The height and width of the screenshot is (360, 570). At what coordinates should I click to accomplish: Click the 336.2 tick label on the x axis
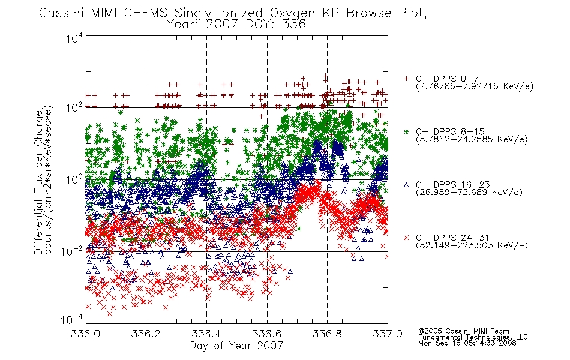tap(146, 334)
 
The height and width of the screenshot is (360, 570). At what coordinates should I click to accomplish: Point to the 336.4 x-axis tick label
tap(206, 334)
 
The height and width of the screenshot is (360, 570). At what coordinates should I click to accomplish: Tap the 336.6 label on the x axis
tap(267, 334)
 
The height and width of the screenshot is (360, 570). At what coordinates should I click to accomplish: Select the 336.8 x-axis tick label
tap(327, 334)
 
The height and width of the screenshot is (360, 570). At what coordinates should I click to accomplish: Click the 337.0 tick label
tap(388, 334)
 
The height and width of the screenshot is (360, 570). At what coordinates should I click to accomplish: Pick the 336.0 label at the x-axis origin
tap(85, 334)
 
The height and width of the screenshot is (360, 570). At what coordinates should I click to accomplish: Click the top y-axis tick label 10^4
tap(74, 38)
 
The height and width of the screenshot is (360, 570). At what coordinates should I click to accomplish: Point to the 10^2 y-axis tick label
tap(74, 107)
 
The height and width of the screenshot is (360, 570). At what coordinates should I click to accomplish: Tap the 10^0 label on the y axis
tap(74, 179)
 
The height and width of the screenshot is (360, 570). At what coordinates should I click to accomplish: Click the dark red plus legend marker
tap(406, 79)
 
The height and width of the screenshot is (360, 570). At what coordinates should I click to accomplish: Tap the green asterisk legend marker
tap(406, 131)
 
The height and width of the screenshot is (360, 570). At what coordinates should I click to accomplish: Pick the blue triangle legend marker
tap(406, 185)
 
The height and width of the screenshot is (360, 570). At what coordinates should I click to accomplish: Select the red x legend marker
tap(406, 238)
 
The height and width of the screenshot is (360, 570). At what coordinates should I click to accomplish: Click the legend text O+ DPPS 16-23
tap(453, 185)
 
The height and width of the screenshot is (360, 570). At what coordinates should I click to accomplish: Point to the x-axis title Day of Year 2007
tap(236, 346)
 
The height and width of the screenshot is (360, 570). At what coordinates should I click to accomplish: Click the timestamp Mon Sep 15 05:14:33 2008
tap(467, 343)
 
